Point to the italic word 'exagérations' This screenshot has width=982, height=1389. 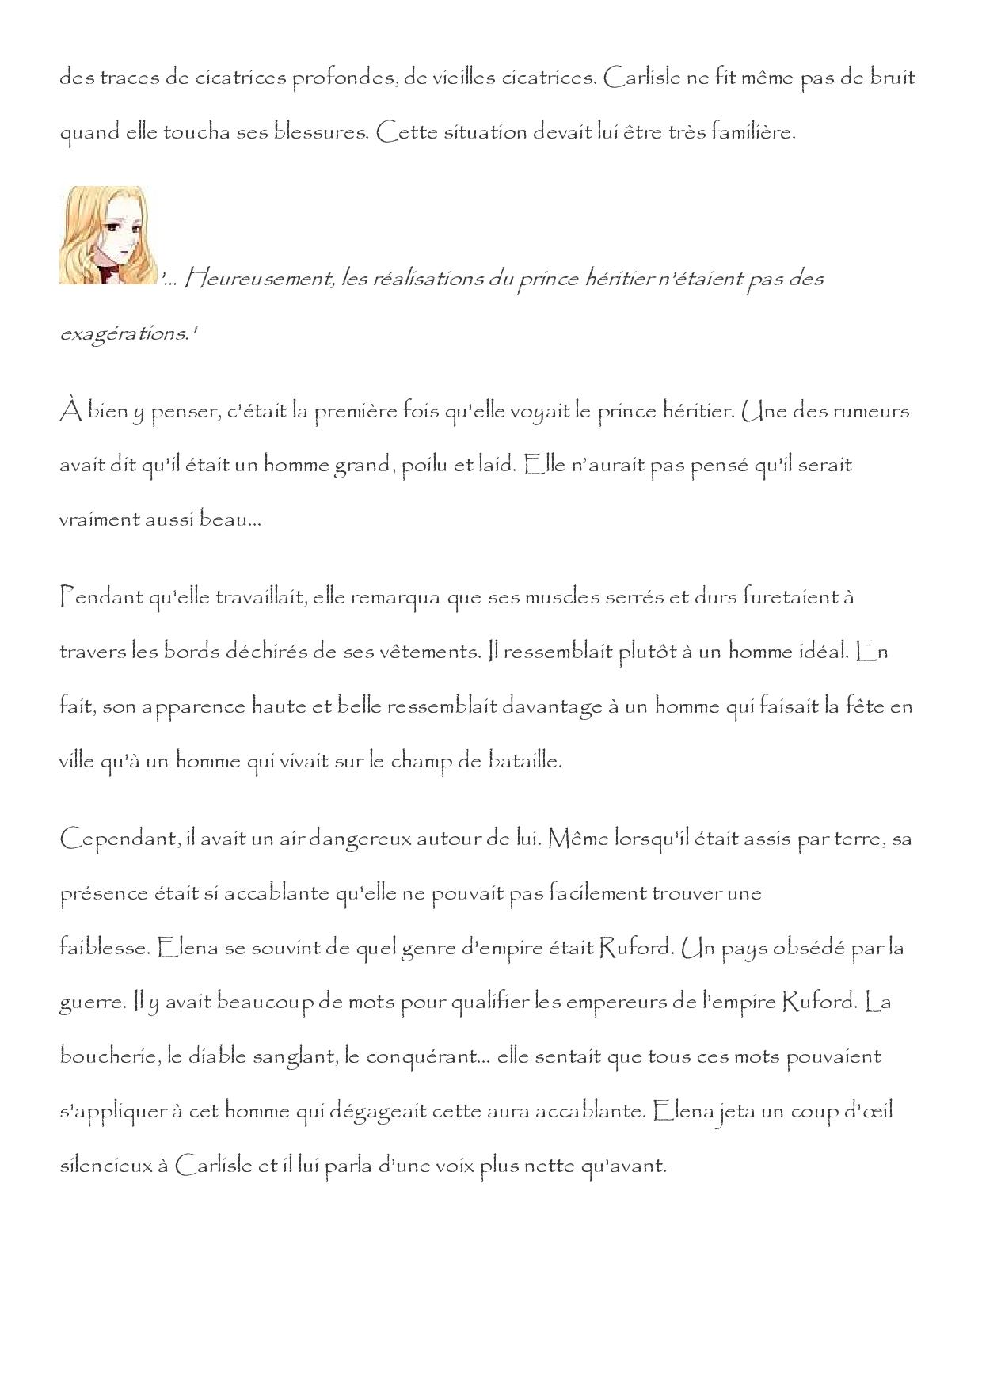[124, 333]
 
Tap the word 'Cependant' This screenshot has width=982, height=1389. [116, 839]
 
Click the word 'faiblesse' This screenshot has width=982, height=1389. [103, 948]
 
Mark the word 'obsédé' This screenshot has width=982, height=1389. [806, 948]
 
